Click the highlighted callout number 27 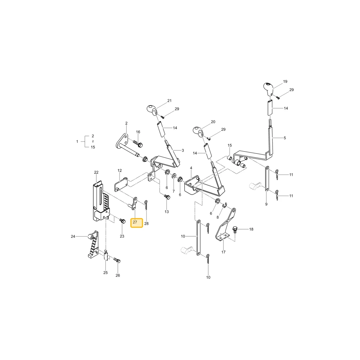(x=135, y=222)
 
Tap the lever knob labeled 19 (x=268, y=87)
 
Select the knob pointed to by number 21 (x=152, y=109)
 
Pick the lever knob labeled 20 (x=198, y=131)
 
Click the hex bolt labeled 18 (x=235, y=229)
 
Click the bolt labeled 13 (x=167, y=197)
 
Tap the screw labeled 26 (x=117, y=260)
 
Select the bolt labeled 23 (x=123, y=221)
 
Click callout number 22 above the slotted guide (x=96, y=172)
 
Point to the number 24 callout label (x=73, y=236)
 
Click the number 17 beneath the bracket (x=224, y=252)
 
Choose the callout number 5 (x=285, y=138)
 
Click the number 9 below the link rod (x=266, y=204)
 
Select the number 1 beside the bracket (x=77, y=141)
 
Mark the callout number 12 (x=120, y=170)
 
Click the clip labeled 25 (x=106, y=255)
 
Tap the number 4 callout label (x=191, y=168)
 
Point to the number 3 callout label (x=183, y=150)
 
